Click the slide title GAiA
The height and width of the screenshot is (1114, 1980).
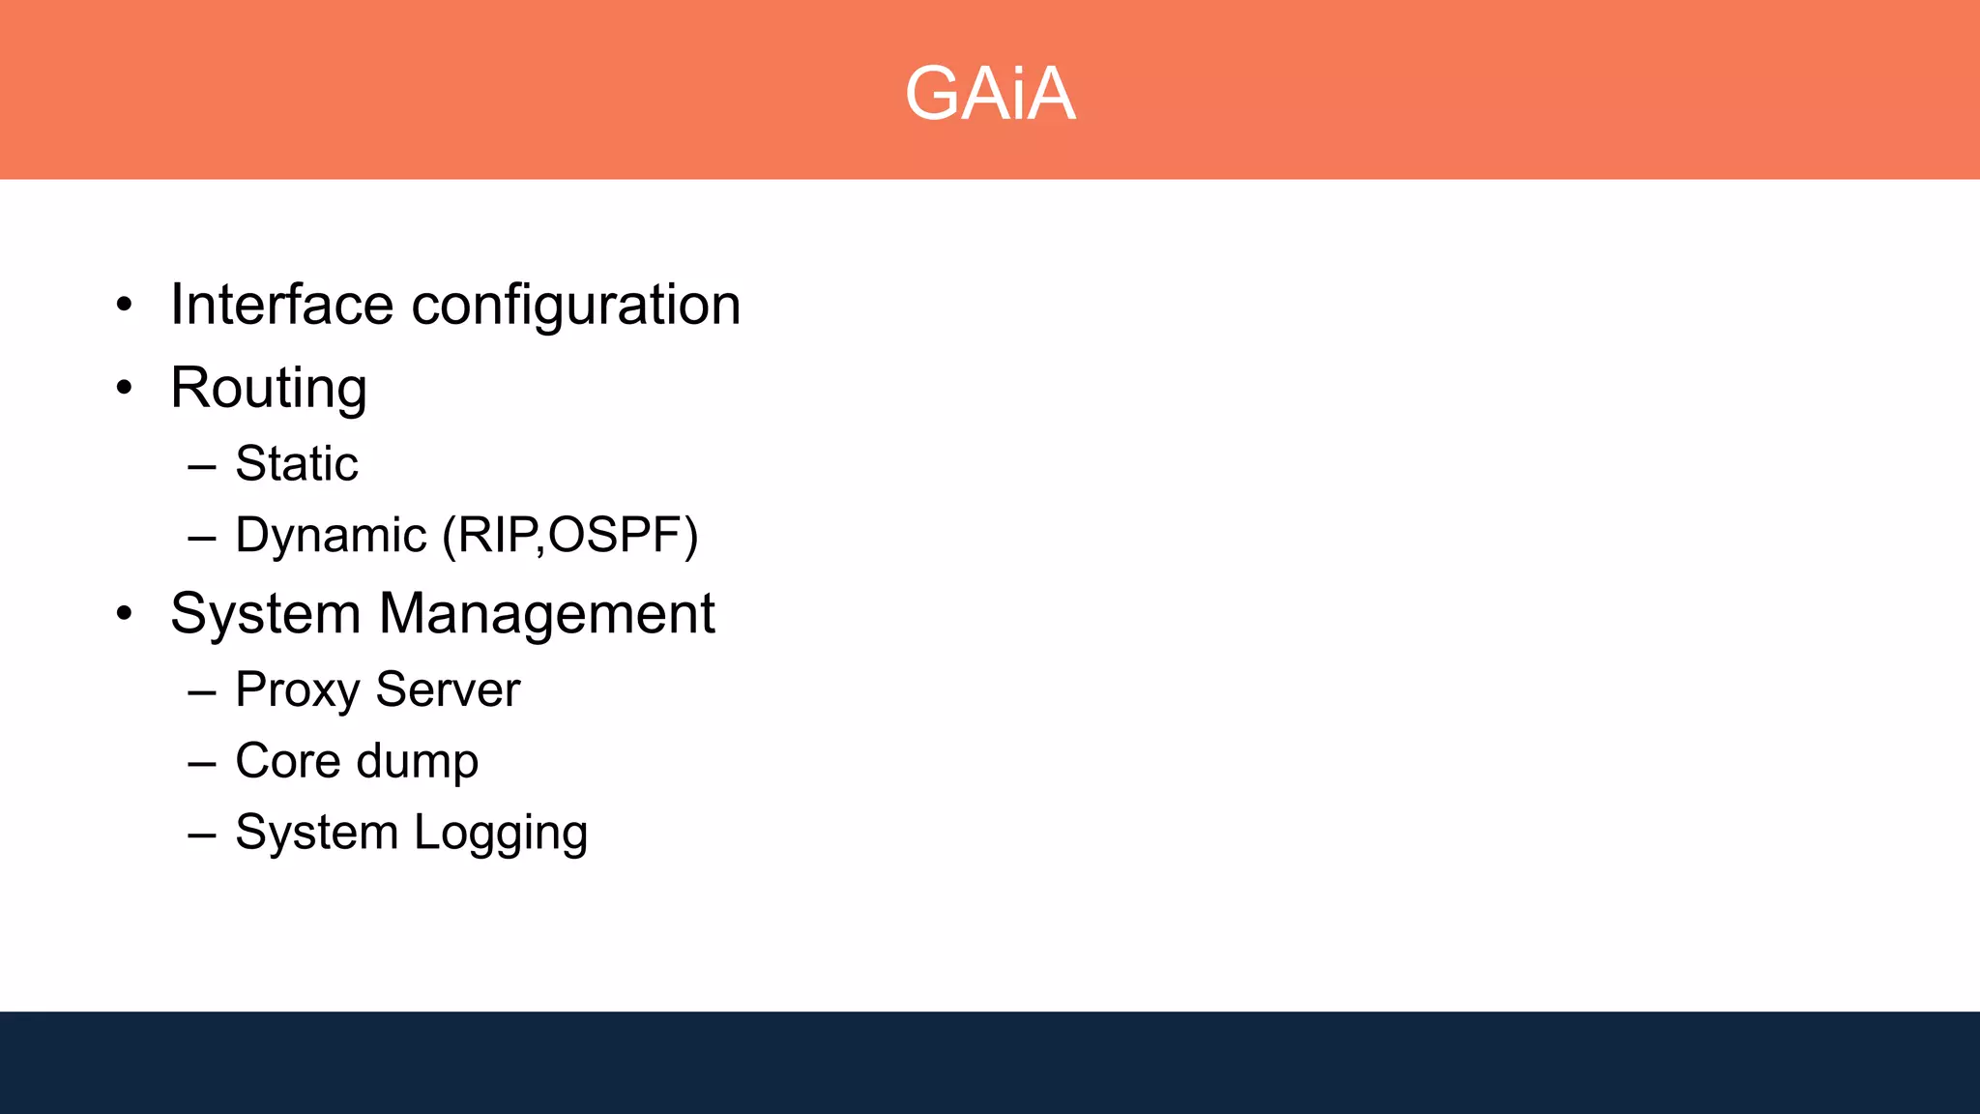pos(990,94)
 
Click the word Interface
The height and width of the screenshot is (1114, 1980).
pos(281,305)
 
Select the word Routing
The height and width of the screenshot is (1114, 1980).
pos(269,389)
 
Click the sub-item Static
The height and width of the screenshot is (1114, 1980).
pos(297,463)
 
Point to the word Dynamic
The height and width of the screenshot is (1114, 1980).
pos(331,536)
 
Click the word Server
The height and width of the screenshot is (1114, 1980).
pos(448,689)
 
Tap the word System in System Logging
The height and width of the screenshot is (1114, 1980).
pos(317,833)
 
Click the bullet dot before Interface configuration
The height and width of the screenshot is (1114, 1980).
pos(124,306)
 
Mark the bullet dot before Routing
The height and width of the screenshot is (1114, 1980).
pos(124,388)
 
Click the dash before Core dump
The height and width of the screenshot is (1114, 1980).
pos(202,763)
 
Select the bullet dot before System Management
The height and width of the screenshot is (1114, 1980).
pos(124,613)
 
